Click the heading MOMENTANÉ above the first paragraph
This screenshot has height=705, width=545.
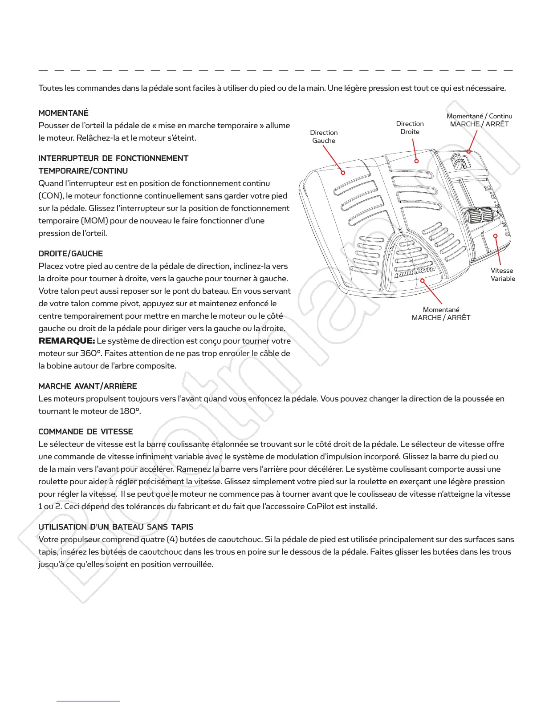click(x=64, y=113)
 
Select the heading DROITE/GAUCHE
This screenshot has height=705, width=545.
click(x=71, y=254)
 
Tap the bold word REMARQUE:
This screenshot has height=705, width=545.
click(x=67, y=341)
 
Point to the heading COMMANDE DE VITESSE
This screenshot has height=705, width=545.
click(x=86, y=432)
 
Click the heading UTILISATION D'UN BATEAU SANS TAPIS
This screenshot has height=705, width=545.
click(x=116, y=527)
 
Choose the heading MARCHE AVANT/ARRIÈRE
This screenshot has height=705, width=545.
click(x=88, y=386)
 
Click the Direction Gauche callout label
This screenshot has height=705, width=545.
click(x=324, y=137)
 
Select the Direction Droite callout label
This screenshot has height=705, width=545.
click(x=410, y=128)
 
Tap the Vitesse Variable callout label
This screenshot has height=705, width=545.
click(x=503, y=275)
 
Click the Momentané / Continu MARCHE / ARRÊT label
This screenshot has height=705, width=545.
click(x=479, y=120)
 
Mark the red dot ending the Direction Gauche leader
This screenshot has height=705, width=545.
click(x=343, y=173)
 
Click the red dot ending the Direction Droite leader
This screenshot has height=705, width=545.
click(x=417, y=161)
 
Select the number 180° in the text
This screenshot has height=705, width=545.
click(x=130, y=411)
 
